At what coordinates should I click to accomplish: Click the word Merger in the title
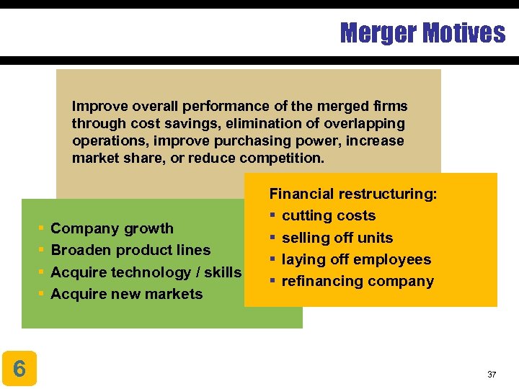click(x=378, y=32)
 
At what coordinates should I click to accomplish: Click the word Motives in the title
click(x=464, y=32)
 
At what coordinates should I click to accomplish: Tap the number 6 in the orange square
click(x=19, y=369)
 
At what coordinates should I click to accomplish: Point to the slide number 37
click(x=492, y=375)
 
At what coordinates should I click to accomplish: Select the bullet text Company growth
click(x=112, y=228)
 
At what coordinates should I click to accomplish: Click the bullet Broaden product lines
click(x=130, y=250)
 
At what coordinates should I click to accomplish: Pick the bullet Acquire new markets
click(x=127, y=294)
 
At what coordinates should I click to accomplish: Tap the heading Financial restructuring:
click(x=353, y=194)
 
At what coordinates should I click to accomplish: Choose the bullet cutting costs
click(x=329, y=215)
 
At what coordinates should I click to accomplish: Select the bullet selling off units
click(x=337, y=238)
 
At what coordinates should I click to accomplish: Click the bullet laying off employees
click(x=356, y=259)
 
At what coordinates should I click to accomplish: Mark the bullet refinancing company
click(x=358, y=281)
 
